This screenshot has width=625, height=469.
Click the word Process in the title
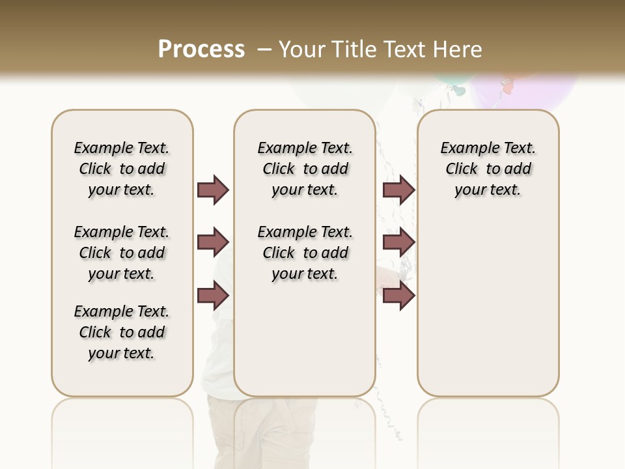(x=201, y=49)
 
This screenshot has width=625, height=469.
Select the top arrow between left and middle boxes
(x=213, y=190)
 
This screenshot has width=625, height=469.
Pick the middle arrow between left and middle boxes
(x=213, y=243)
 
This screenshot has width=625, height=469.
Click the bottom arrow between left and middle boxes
(x=213, y=296)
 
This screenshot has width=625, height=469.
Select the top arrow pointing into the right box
(x=398, y=190)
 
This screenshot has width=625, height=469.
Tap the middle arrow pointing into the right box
(x=398, y=243)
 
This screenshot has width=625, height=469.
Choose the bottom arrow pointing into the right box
(x=398, y=296)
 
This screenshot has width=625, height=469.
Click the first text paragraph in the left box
(x=122, y=169)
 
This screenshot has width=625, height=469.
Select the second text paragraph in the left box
(x=122, y=253)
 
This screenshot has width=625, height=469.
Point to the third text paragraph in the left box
(x=122, y=332)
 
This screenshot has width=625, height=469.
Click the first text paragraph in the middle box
(x=305, y=169)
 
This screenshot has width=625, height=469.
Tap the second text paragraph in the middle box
(x=305, y=253)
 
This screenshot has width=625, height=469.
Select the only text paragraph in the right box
(x=488, y=169)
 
